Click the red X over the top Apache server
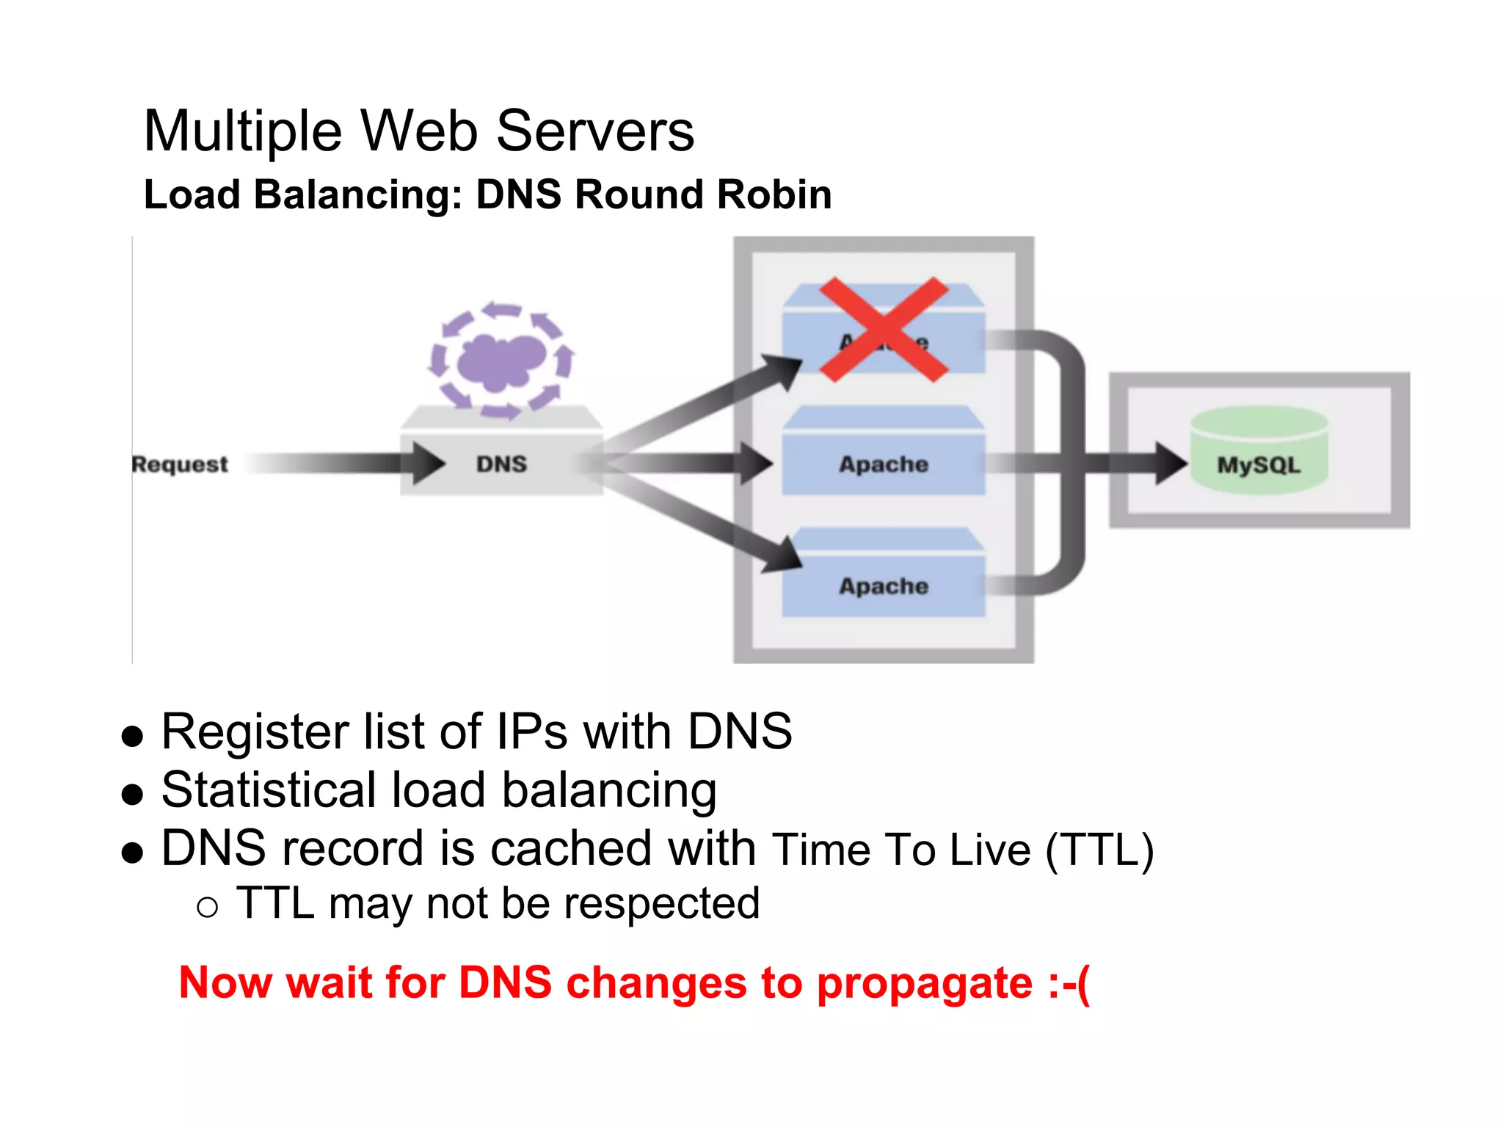(884, 329)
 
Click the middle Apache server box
(884, 464)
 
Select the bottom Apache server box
(884, 586)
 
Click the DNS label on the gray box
(501, 464)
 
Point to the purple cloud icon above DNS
(502, 360)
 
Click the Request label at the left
(180, 464)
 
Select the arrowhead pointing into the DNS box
(427, 463)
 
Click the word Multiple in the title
(243, 131)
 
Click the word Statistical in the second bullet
(267, 790)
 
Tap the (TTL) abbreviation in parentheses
(1099, 850)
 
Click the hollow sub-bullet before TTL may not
(208, 908)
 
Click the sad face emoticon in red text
(1069, 982)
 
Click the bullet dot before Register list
(132, 736)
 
